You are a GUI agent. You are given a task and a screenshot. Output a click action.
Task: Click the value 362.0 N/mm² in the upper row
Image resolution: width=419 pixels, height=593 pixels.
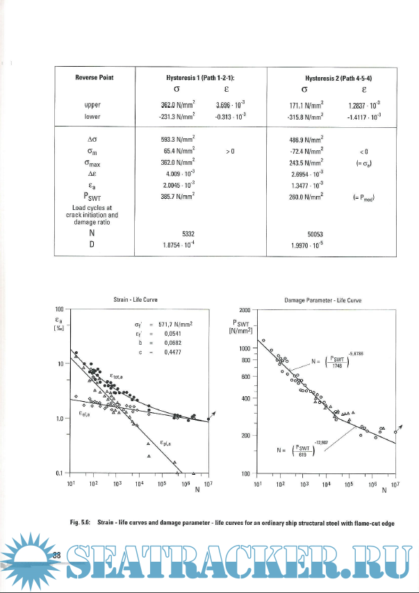click(176, 106)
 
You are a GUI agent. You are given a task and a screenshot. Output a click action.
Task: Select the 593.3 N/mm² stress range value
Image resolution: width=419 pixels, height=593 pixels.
click(176, 140)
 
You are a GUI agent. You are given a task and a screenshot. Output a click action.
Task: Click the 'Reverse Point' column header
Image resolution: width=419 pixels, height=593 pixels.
click(94, 77)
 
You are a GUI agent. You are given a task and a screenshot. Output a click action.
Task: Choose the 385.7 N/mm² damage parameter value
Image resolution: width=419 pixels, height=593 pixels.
click(176, 197)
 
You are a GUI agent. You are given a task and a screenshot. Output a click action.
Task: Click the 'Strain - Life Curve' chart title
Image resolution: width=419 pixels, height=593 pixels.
click(135, 299)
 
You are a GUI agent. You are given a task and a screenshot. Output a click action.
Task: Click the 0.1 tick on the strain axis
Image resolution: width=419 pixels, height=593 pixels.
click(59, 473)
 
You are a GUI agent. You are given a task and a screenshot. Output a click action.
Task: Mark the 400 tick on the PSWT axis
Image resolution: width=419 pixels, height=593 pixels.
click(247, 398)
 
